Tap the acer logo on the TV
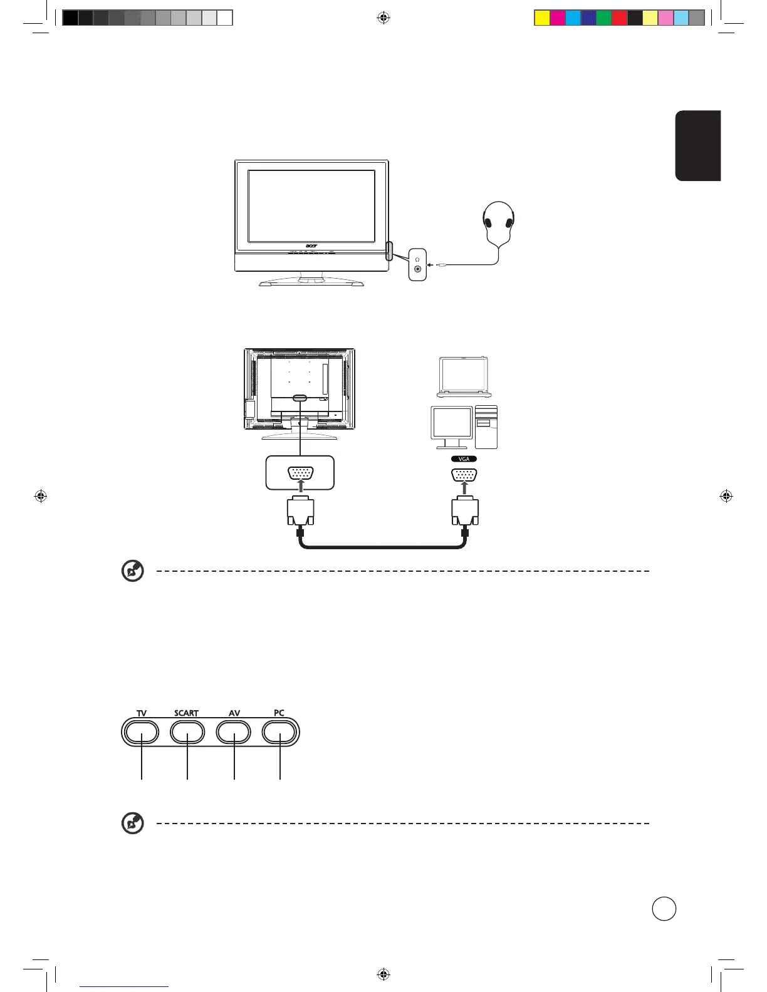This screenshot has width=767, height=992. tap(311, 246)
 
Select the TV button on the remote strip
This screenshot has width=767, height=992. tap(142, 732)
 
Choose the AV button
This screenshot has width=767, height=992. tap(234, 732)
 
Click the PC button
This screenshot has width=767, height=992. tap(279, 732)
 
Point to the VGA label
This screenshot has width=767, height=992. tap(464, 459)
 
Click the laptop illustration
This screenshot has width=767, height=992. tap(464, 377)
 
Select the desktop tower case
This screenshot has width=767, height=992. tap(486, 426)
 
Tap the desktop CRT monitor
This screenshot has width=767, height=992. tap(452, 427)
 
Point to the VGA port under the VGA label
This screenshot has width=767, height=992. tap(464, 475)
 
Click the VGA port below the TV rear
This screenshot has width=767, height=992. tap(301, 473)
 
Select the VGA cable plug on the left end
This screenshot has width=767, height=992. tap(301, 512)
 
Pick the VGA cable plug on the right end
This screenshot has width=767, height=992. tap(465, 512)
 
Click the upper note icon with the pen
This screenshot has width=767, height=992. tap(133, 571)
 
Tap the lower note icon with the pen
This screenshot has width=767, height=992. tap(133, 823)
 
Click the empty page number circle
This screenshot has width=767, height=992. tap(664, 909)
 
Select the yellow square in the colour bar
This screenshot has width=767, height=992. tap(542, 18)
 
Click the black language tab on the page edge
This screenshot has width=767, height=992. tap(698, 146)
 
